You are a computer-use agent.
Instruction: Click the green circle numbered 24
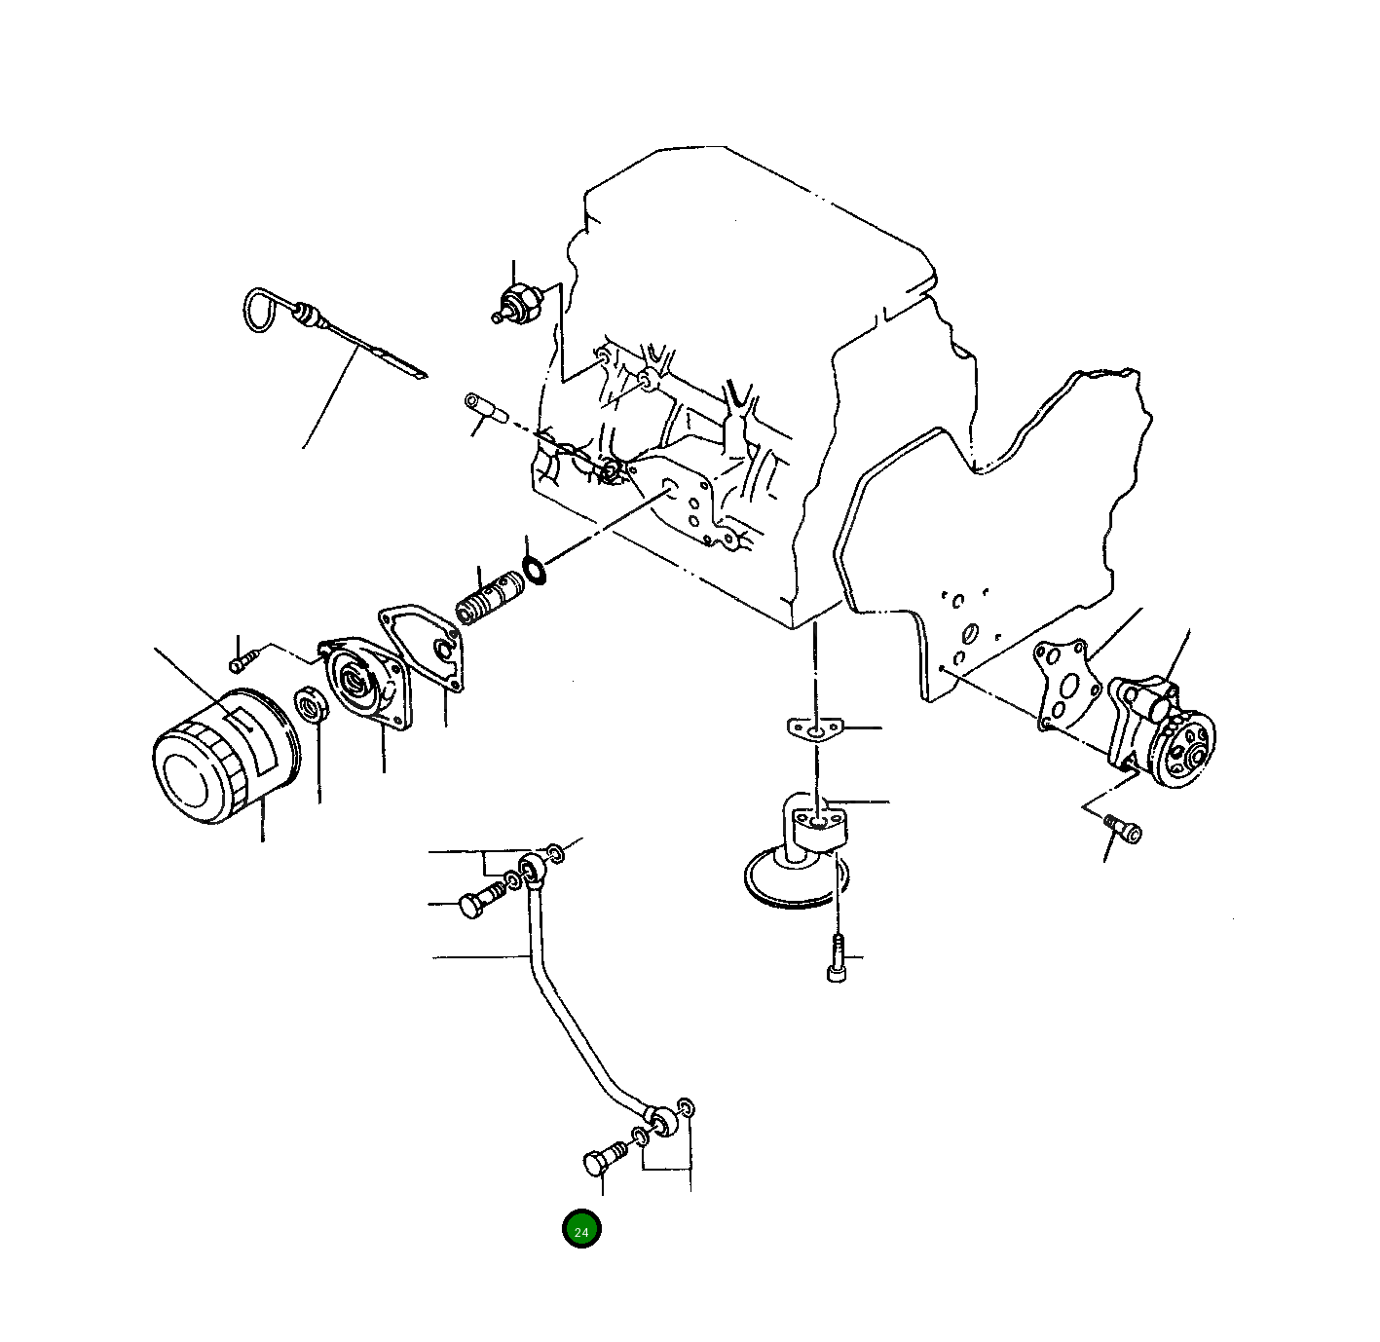(x=581, y=1229)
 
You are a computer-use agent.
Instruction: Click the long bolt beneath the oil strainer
(x=838, y=958)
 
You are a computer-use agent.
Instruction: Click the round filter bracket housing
(x=364, y=682)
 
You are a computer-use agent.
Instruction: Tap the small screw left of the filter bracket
(x=242, y=662)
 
